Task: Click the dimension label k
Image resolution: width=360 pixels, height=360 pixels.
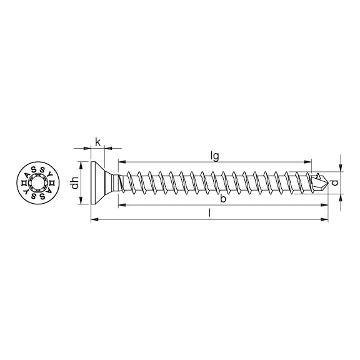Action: tap(97, 142)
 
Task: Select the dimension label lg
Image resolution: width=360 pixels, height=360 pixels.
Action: tap(215, 157)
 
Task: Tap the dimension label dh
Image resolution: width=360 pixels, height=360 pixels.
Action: tap(75, 183)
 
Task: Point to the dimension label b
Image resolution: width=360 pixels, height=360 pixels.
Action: tap(223, 198)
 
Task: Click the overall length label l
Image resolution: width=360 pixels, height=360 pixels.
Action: tap(209, 213)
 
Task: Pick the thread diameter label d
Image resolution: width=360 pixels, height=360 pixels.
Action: tap(335, 182)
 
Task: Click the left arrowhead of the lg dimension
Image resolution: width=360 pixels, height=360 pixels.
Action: tap(122, 162)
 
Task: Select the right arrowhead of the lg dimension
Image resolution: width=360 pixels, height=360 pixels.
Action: tap(307, 162)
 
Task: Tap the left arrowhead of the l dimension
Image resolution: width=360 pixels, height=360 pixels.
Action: tap(95, 220)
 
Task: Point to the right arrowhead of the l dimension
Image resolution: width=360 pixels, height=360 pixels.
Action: tap(324, 220)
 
